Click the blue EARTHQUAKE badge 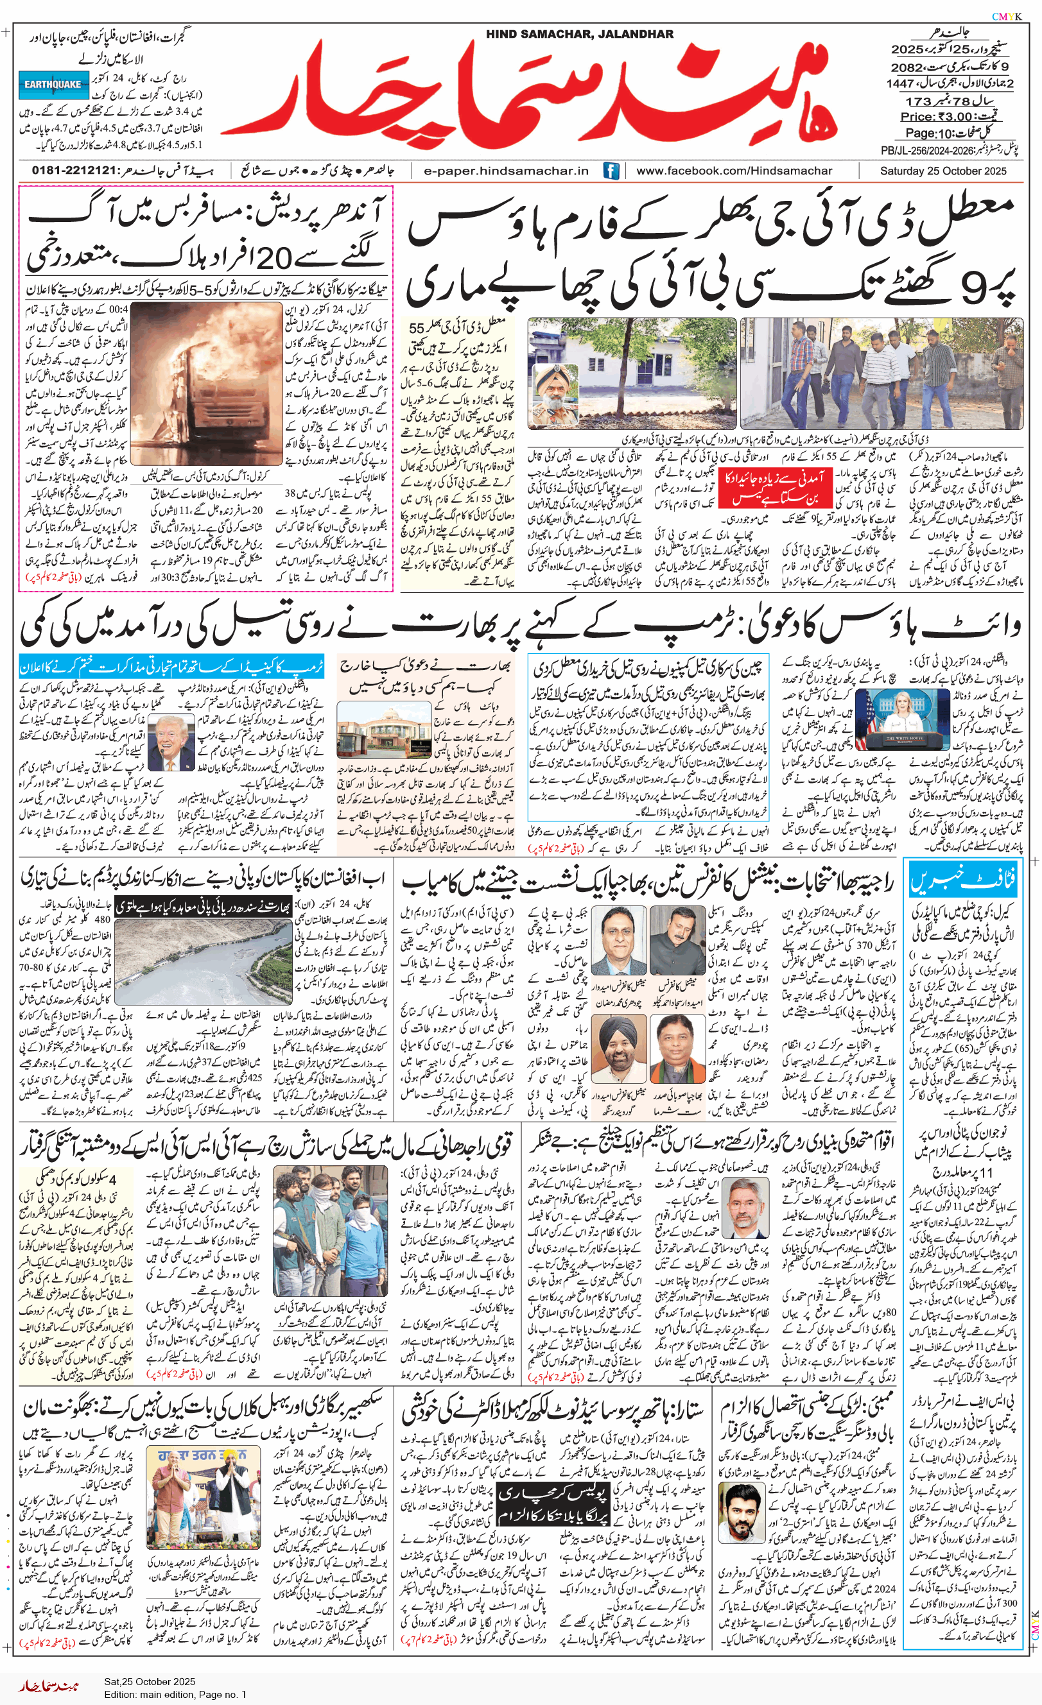[53, 85]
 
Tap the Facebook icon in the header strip [611, 171]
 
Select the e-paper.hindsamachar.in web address [506, 171]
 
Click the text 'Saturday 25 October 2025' [943, 171]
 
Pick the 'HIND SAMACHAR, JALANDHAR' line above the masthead [579, 34]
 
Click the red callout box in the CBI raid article [771, 487]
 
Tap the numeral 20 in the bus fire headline [274, 259]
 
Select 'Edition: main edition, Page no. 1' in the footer [175, 1695]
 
